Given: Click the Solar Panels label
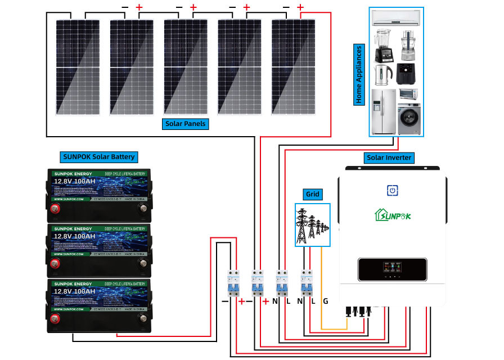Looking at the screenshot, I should tap(186, 123).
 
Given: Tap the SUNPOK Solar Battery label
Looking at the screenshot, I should tap(98, 156).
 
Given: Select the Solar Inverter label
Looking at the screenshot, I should tap(389, 157).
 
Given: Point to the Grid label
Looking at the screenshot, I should tap(312, 195).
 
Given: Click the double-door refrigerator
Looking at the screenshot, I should tap(384, 111).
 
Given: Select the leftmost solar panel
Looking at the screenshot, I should tap(79, 66).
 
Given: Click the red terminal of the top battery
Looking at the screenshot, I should tap(56, 209).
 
